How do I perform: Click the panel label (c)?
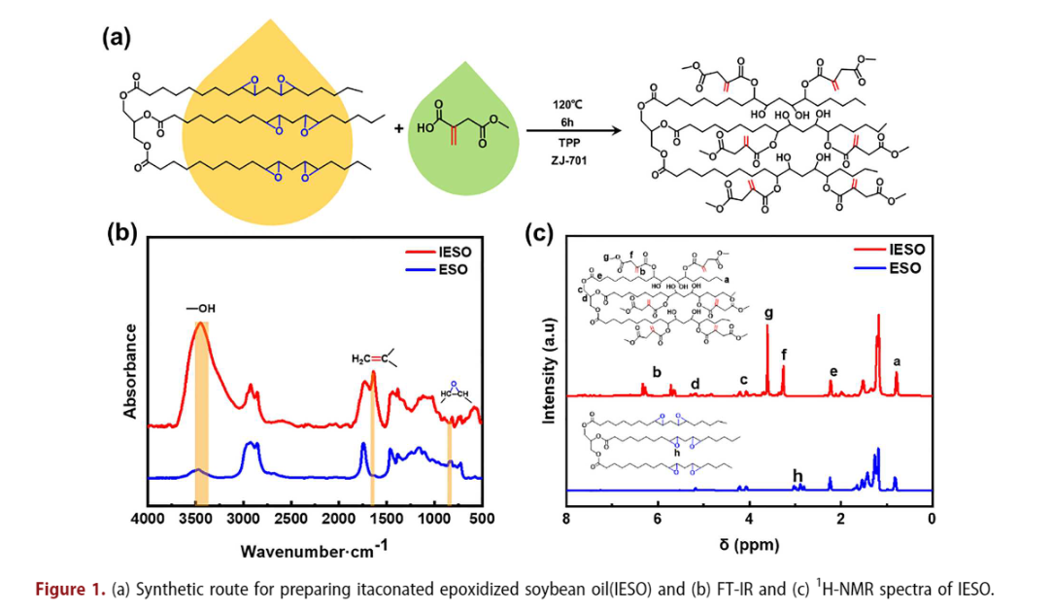[x=539, y=236]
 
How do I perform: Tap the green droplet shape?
[x=458, y=130]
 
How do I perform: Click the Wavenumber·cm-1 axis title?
[x=314, y=549]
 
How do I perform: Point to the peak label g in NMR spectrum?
[x=768, y=314]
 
